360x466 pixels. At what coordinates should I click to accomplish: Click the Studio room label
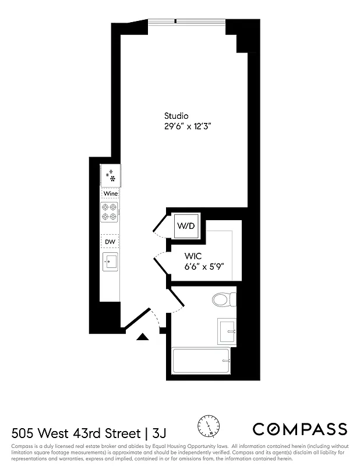click(176, 116)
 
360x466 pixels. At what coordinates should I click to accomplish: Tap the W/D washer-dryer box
click(186, 225)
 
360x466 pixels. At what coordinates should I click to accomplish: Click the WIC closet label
click(193, 256)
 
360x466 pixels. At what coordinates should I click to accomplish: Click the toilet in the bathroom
click(223, 299)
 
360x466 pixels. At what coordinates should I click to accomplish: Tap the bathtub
click(202, 362)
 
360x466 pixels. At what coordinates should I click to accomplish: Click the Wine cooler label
click(111, 193)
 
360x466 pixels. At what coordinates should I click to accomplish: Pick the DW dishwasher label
click(110, 241)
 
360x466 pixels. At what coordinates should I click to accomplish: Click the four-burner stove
click(110, 212)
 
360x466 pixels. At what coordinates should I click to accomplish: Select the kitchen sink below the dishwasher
click(110, 262)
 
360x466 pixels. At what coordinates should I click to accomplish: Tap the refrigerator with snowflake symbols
click(110, 174)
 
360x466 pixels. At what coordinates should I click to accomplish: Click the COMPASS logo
click(299, 429)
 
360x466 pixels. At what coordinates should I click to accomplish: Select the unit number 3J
click(158, 433)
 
